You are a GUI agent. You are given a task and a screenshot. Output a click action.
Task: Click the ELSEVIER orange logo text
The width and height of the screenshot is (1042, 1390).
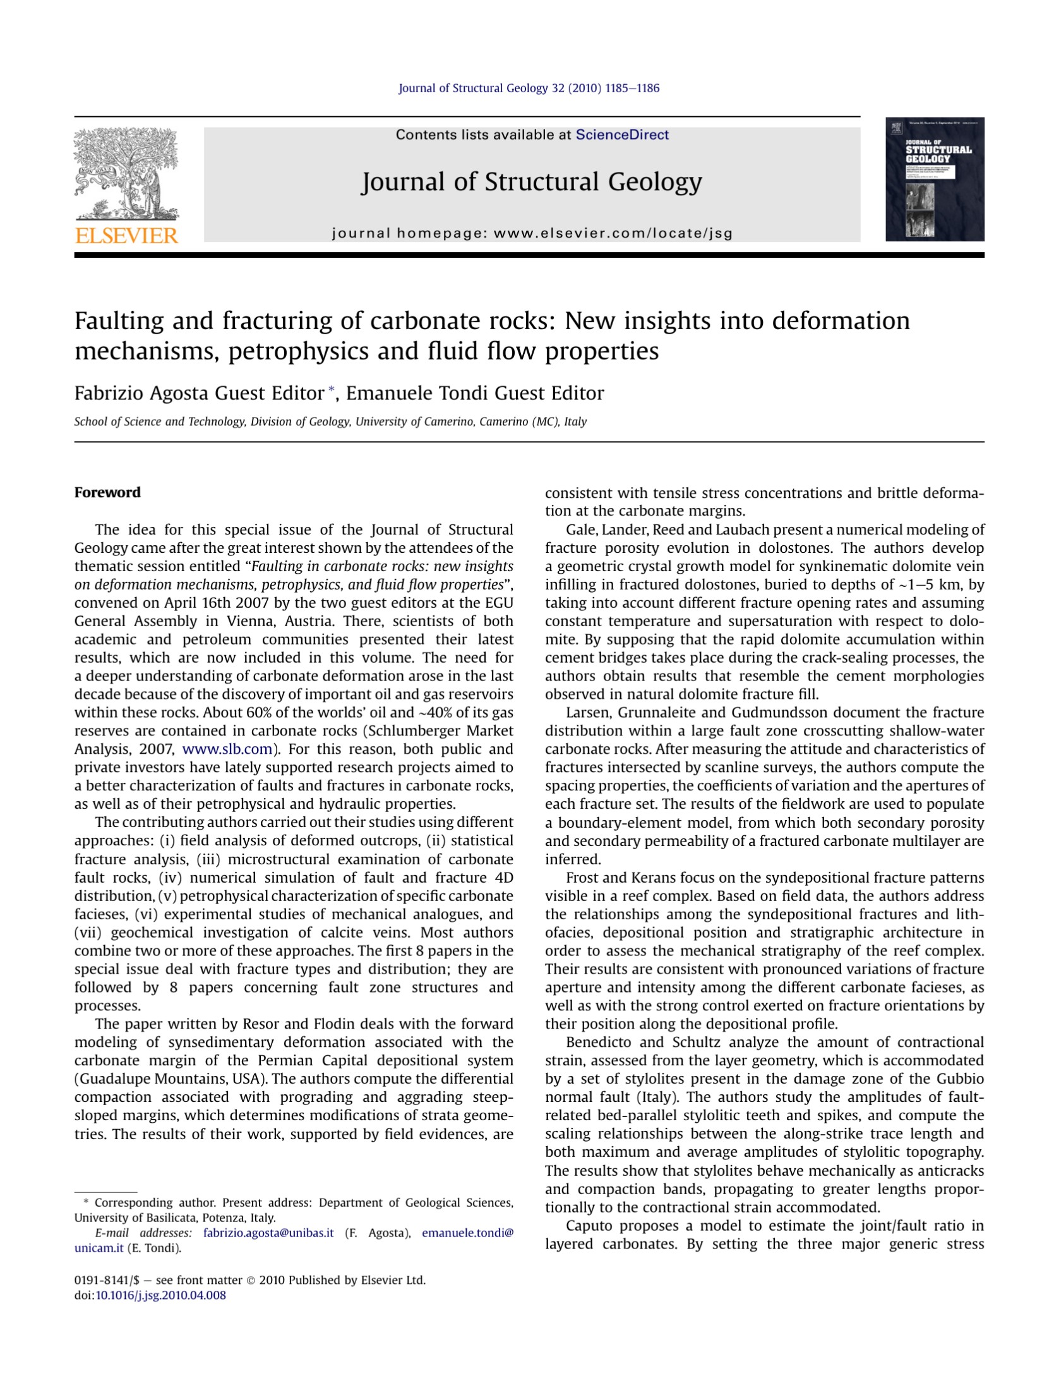click(126, 236)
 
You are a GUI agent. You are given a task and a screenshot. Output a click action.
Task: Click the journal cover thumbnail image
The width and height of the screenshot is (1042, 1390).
click(934, 179)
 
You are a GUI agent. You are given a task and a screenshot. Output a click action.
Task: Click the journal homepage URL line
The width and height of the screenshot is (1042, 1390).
click(532, 233)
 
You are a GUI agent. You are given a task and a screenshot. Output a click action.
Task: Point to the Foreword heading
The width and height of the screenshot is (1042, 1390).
click(107, 492)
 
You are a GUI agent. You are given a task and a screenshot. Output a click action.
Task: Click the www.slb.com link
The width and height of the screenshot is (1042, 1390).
click(227, 749)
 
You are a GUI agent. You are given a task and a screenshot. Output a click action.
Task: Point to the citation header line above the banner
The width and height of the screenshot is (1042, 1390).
click(529, 88)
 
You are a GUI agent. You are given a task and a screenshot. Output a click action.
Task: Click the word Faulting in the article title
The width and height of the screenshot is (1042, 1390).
click(119, 322)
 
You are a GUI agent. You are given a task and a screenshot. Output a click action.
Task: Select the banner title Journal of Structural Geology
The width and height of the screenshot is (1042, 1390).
click(531, 182)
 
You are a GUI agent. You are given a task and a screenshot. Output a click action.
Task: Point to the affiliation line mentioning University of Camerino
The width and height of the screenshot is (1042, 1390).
click(330, 421)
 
